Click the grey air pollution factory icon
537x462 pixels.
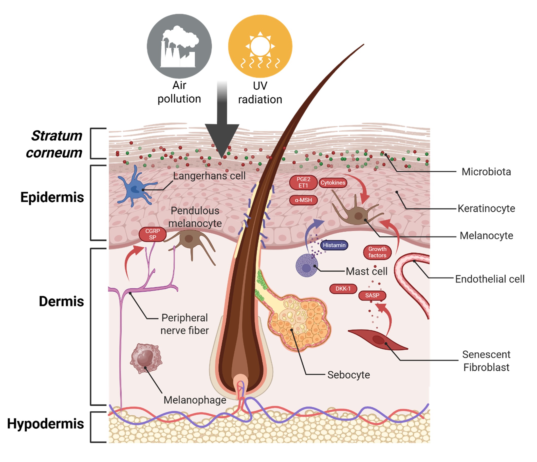[x=179, y=46]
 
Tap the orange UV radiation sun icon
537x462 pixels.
[x=260, y=46]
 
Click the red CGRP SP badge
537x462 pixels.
[x=152, y=234]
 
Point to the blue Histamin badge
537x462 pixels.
[x=334, y=245]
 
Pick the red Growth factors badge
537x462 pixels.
[x=377, y=252]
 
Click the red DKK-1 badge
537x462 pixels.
[x=343, y=289]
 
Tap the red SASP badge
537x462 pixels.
[x=372, y=295]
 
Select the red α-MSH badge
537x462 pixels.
[x=303, y=200]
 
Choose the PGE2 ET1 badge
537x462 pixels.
[x=303, y=182]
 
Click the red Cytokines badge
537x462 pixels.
[x=333, y=183]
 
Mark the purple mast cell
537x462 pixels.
[x=307, y=266]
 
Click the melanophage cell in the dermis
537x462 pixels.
[x=146, y=358]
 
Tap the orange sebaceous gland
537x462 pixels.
[x=301, y=324]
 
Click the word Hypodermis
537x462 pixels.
[x=45, y=424]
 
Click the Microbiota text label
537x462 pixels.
[x=486, y=172]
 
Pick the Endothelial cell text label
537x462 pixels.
[x=490, y=279]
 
